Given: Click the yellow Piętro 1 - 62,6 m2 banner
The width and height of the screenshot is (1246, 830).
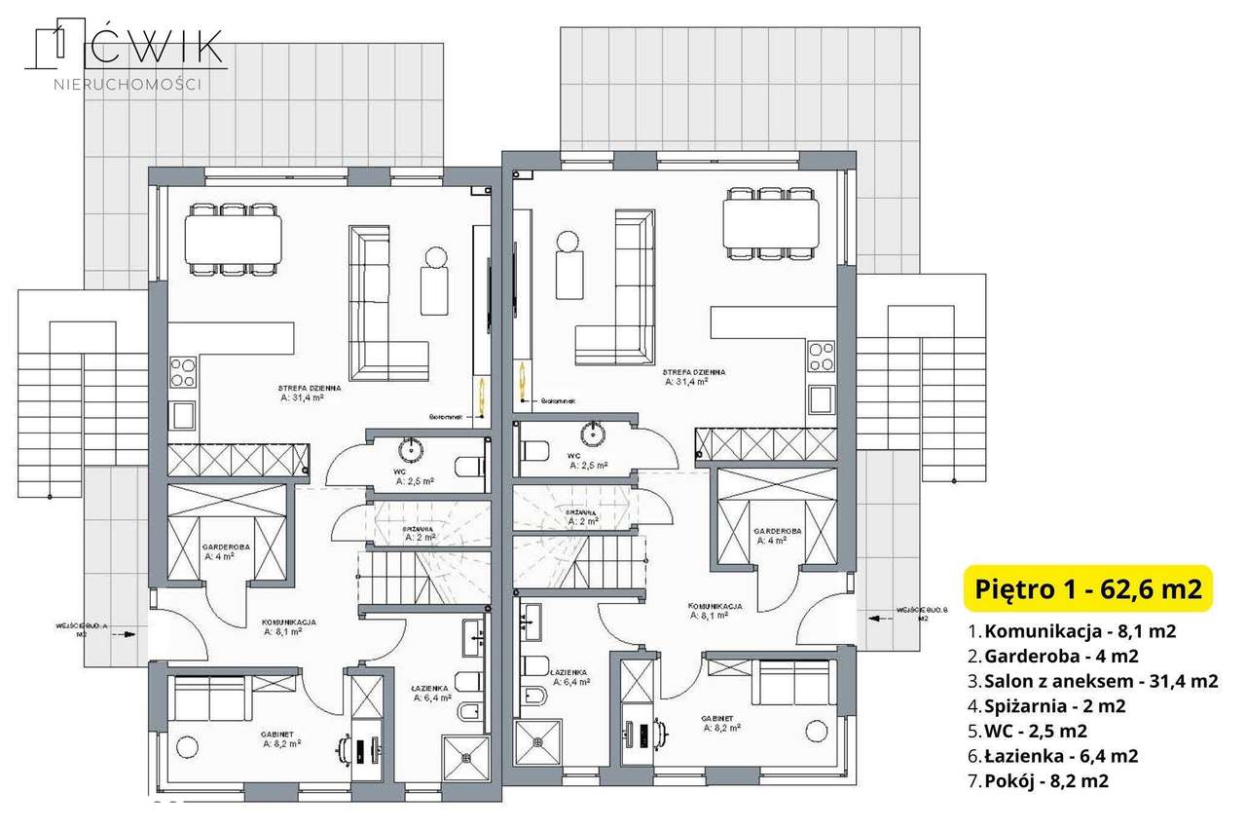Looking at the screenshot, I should pos(1087,588).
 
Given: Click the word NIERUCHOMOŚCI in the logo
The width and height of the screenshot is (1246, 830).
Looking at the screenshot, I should pos(127,85).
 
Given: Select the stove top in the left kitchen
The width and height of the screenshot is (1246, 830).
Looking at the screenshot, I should pos(183,372).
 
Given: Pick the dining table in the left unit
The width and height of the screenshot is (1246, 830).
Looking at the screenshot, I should pos(235,237).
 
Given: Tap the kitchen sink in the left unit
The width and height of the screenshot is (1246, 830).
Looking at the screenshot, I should pos(183,416).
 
